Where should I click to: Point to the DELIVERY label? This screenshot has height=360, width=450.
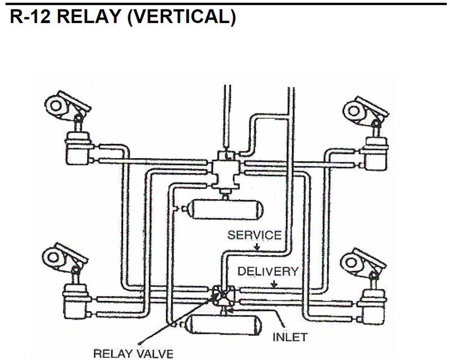[268, 271]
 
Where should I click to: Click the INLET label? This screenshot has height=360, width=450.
[290, 337]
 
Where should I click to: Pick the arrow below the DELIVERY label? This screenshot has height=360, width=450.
[274, 283]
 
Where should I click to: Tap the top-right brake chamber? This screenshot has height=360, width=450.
[374, 151]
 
